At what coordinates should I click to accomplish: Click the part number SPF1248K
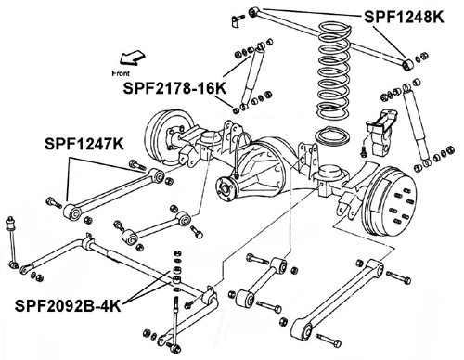click(404, 17)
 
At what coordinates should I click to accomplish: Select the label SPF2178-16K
click(174, 88)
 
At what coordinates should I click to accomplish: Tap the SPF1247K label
click(84, 144)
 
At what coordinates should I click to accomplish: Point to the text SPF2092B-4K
click(68, 306)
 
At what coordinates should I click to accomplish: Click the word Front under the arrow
click(121, 73)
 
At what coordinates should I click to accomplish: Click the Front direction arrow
click(133, 58)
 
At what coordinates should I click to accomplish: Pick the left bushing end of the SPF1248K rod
click(253, 12)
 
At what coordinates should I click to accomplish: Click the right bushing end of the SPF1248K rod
click(407, 64)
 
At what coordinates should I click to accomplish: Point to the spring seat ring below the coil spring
click(332, 136)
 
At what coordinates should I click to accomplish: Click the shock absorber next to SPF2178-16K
click(252, 76)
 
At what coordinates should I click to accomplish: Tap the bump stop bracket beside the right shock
click(382, 132)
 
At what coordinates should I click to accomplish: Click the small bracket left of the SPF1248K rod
click(236, 20)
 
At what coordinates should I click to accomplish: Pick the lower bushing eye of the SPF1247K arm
click(72, 212)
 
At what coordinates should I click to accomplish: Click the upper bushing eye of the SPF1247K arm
click(159, 175)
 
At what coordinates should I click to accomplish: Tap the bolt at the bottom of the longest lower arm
click(329, 341)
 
